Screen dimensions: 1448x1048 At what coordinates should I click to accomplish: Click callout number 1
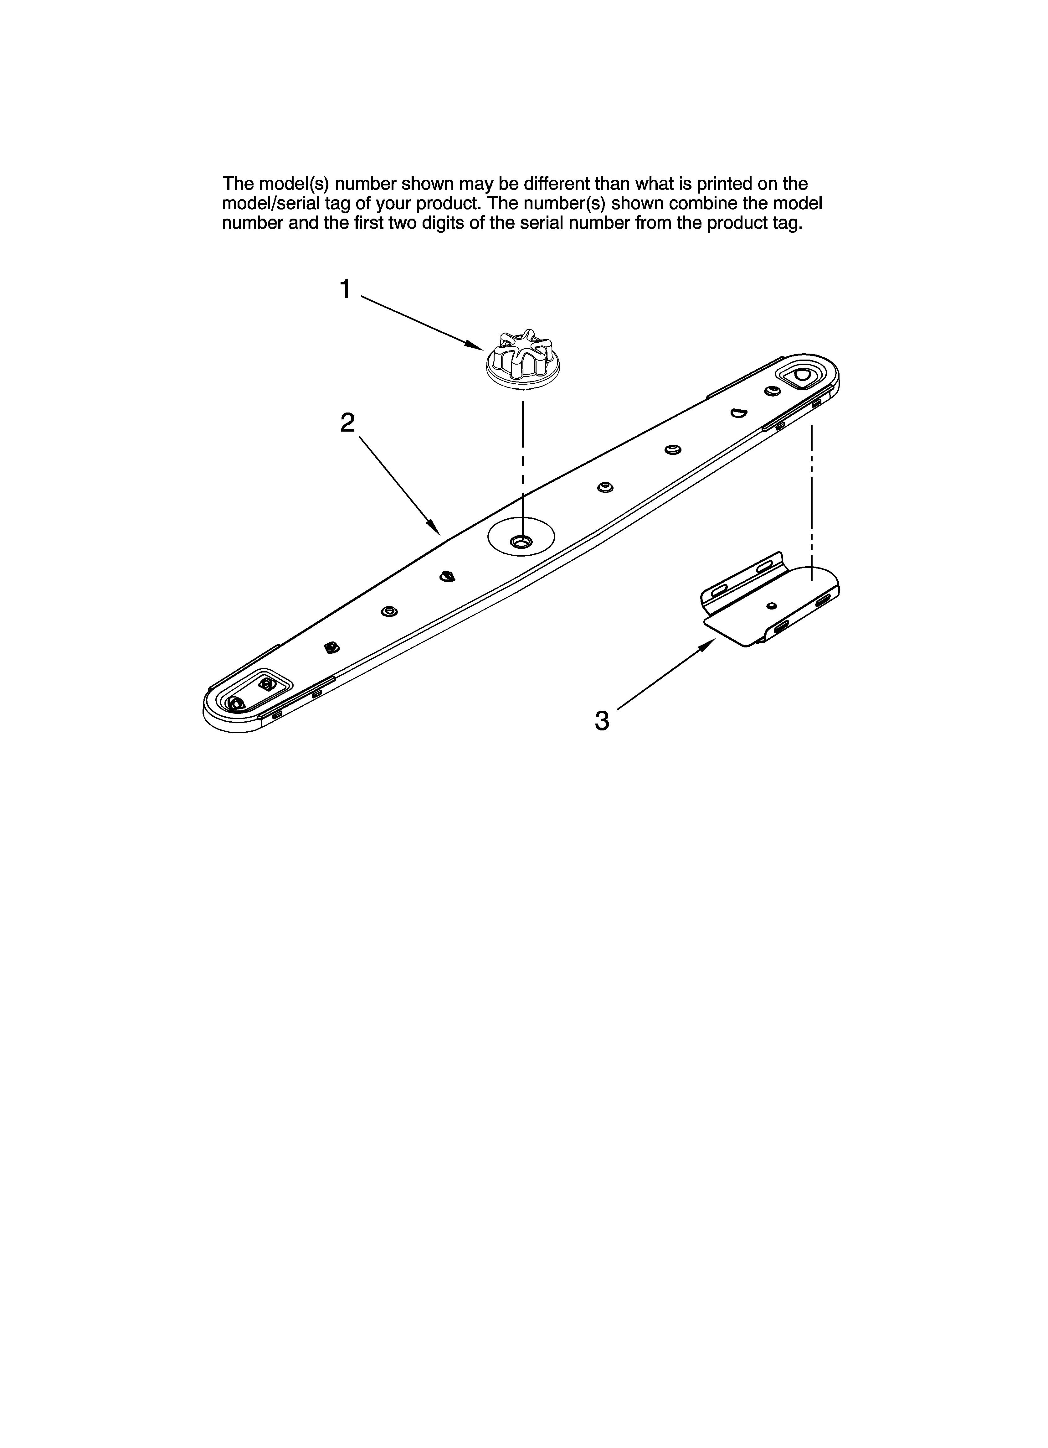pos(345,289)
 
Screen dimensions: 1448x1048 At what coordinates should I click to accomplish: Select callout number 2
pos(347,423)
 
